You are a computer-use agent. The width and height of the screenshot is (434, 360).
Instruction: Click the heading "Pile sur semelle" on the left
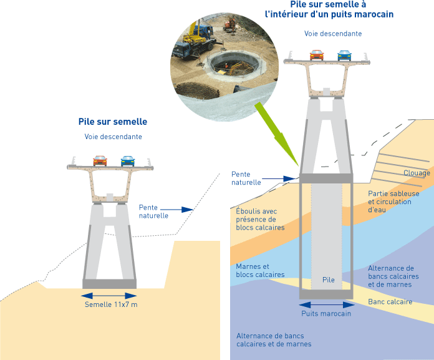113,122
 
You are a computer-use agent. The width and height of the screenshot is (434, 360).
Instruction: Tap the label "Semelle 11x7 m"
110,304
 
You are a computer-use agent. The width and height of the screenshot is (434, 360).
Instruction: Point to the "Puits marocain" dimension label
326,314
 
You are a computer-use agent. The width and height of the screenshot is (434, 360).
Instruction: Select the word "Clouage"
417,173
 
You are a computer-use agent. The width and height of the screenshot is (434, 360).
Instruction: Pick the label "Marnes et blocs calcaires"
260,271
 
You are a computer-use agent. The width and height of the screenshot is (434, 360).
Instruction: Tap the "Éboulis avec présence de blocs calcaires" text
260,219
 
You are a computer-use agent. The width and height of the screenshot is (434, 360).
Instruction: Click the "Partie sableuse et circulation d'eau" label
393,202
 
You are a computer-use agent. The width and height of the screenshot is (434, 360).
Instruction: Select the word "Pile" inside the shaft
329,280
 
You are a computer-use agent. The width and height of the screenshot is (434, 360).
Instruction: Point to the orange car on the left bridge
100,160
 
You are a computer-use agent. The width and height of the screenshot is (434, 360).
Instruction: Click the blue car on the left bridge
128,160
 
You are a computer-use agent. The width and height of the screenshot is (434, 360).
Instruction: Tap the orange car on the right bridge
317,55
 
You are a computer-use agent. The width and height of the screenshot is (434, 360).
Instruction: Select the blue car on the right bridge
344,55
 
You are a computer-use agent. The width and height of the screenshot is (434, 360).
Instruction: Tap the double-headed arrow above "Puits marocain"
326,305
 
